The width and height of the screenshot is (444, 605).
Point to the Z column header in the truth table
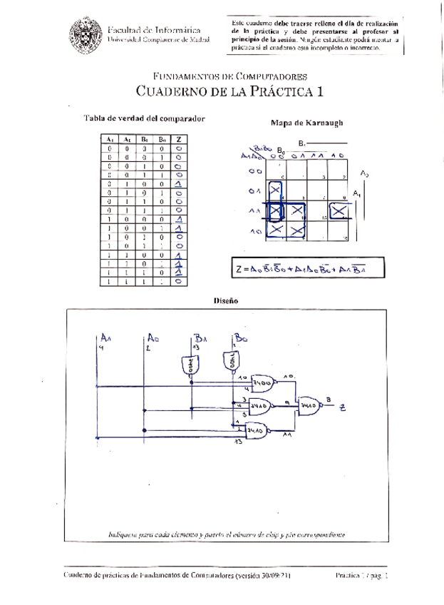pyautogui.click(x=180, y=139)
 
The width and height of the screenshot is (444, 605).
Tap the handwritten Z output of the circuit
pyautogui.click(x=343, y=407)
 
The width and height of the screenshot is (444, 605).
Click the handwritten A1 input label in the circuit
pyautogui.click(x=106, y=337)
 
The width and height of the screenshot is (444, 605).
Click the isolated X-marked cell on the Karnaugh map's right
pyautogui.click(x=339, y=211)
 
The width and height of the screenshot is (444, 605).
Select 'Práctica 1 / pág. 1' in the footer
pyautogui.click(x=362, y=574)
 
